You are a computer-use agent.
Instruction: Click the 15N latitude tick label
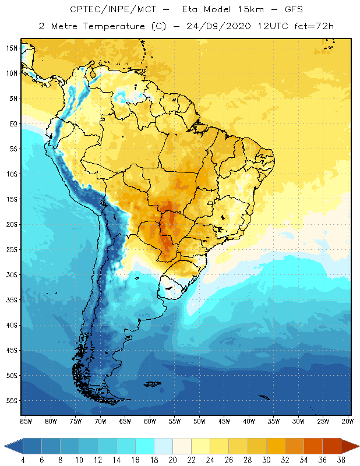tap(11, 48)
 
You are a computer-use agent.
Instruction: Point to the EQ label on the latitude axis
tap(12, 123)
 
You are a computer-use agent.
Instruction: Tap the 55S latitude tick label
tap(11, 401)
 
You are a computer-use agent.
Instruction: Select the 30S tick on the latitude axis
tap(11, 275)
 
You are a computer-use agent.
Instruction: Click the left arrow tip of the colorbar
tap(5, 446)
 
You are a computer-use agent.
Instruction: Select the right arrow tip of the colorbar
tap(358, 446)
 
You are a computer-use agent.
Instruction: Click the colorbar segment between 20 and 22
tap(182, 446)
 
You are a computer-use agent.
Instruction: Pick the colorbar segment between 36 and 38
tap(332, 446)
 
